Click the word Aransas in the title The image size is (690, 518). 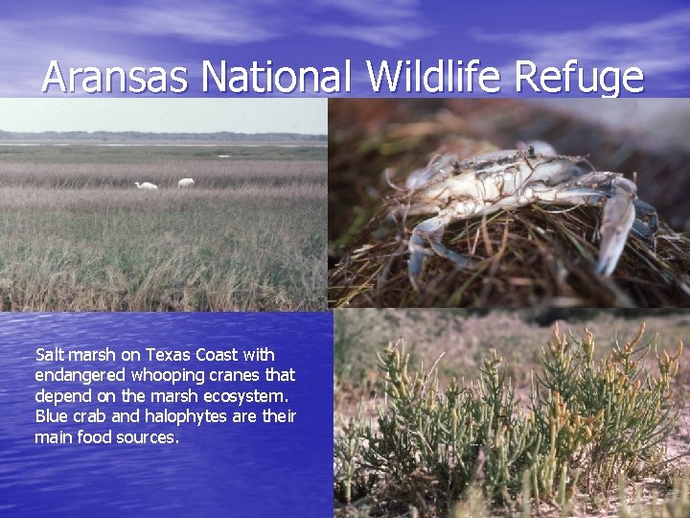(115, 78)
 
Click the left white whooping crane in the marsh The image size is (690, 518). (148, 185)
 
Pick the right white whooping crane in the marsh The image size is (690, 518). (186, 181)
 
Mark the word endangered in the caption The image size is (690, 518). (75, 375)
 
